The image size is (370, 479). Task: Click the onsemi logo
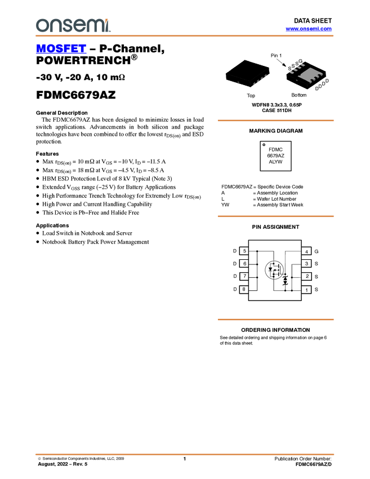pos(73,25)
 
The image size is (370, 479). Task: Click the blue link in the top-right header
pos(309,28)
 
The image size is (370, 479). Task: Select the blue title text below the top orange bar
pos(61,50)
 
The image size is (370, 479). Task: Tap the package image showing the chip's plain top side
pos(247,73)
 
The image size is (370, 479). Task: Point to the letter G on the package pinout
pos(301,61)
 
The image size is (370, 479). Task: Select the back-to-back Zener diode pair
pos(286,280)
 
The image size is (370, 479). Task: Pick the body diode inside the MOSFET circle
pos(270,269)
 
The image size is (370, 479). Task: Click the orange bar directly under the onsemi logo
pos(185,36)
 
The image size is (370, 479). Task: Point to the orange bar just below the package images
pos(275,120)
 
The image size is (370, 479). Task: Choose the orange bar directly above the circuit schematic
pos(275,216)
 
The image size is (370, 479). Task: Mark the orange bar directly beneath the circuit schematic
pos(275,320)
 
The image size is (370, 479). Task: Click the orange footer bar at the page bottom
pos(185,454)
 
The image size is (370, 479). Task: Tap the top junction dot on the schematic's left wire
pos(257,251)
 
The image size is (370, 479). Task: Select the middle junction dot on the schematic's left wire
pos(257,264)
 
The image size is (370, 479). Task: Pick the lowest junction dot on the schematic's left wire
pos(257,277)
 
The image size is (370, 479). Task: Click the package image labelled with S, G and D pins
pos(307,73)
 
